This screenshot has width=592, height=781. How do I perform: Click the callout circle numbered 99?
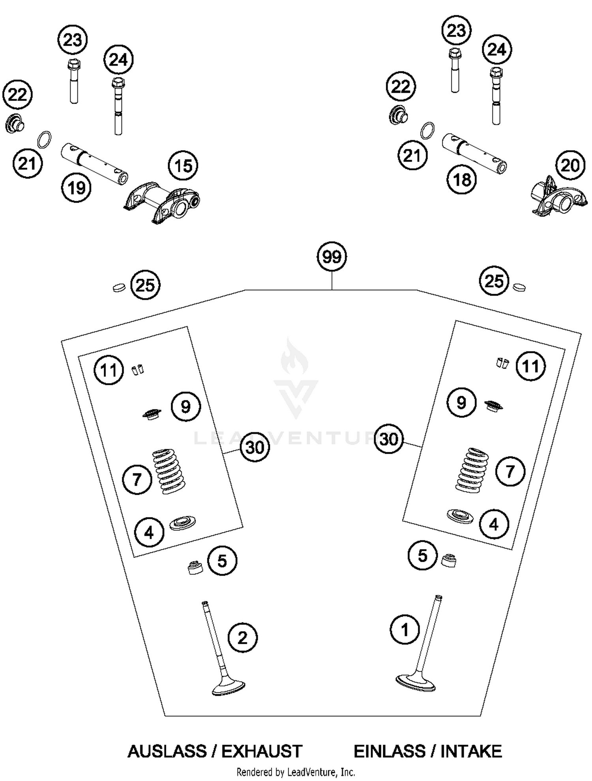tap(332, 257)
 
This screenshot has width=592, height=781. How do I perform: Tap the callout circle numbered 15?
tap(183, 166)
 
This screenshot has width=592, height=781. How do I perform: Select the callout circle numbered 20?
tap(570, 165)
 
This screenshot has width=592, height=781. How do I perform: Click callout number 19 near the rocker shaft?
tap(76, 188)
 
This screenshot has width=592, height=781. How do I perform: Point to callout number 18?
tap(462, 180)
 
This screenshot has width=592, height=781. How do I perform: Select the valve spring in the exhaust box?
tap(169, 472)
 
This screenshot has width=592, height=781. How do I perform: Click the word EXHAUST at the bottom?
tap(262, 751)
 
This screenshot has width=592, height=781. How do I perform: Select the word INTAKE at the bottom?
tap(471, 751)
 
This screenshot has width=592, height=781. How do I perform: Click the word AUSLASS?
tap(167, 751)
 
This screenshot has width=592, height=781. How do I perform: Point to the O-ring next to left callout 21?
tap(44, 140)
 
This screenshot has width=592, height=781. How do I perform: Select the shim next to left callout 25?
tap(118, 287)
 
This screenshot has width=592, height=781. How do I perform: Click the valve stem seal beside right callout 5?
tap(448, 560)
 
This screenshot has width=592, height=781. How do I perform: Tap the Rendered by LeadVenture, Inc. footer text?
tap(296, 772)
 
